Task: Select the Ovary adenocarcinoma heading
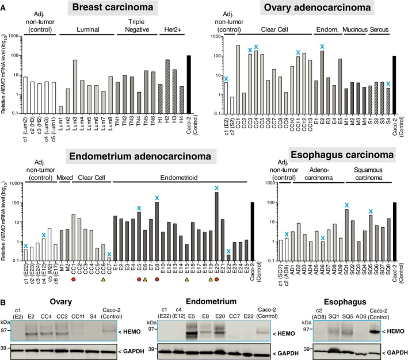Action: (317, 9)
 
